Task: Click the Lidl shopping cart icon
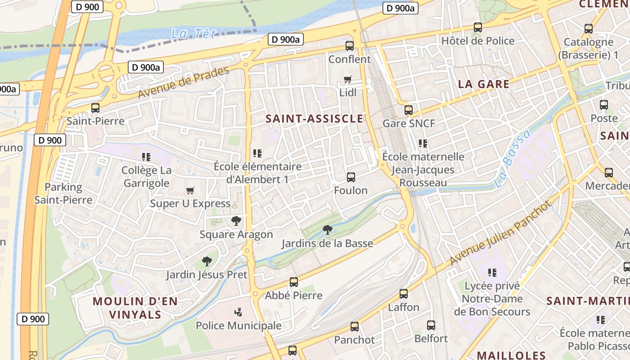347,80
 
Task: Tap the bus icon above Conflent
349,45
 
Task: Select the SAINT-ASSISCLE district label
314,119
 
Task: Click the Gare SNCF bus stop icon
409,110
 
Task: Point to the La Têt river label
194,33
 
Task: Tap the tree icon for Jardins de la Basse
328,230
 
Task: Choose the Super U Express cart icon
190,191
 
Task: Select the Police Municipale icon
238,312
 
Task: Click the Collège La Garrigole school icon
146,157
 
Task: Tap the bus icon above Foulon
351,177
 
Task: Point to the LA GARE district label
484,84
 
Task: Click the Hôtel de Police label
478,41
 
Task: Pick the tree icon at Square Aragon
236,221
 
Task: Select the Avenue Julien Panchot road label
500,232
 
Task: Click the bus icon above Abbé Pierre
294,282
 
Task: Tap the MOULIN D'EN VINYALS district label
135,308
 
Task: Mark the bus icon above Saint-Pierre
95,108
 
